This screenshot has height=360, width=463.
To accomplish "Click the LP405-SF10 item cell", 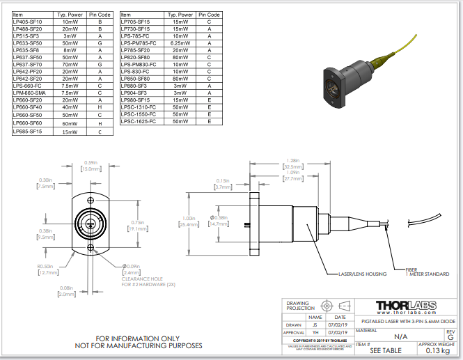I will pyautogui.click(x=28, y=22).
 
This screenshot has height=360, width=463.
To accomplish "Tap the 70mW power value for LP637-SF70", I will pyautogui.click(x=70, y=65).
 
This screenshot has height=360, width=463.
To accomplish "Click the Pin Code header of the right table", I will pyautogui.click(x=209, y=15).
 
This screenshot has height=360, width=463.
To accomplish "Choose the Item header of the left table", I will pyautogui.click(x=18, y=15).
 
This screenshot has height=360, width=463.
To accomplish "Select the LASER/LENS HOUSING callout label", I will pyautogui.click(x=362, y=274).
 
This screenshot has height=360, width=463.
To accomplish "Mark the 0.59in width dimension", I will pyautogui.click(x=89, y=166).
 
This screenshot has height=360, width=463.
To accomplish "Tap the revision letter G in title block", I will pyautogui.click(x=450, y=337).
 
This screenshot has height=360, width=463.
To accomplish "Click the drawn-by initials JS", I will pyautogui.click(x=314, y=324).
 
